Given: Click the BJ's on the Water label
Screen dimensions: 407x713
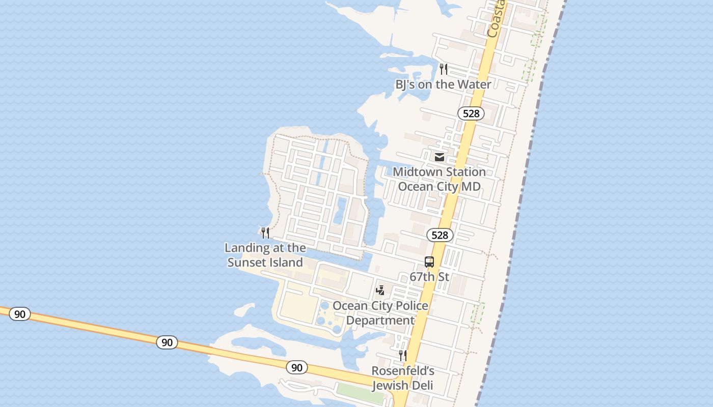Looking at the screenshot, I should (443, 84).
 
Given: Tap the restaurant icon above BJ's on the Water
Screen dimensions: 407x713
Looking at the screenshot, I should (444, 69).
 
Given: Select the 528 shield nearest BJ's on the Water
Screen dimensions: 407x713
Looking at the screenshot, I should (471, 113).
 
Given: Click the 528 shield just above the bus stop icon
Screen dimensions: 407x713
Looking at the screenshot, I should (440, 235).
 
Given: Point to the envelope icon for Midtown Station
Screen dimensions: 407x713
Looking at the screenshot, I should (440, 157).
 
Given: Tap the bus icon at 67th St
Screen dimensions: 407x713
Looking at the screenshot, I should (429, 262).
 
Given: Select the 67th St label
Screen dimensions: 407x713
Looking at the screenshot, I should (429, 277).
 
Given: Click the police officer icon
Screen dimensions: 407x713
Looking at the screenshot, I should (380, 290).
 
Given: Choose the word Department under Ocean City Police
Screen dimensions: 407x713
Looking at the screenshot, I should (380, 321).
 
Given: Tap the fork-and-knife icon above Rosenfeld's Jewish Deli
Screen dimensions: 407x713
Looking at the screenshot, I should (402, 355).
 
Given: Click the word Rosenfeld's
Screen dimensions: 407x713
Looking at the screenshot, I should (402, 371).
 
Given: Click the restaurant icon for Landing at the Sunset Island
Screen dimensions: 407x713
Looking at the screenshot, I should (265, 233).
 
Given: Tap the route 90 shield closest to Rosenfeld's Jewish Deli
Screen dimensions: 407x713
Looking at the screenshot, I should (296, 367).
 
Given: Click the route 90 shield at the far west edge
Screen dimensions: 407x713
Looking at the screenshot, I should (19, 314).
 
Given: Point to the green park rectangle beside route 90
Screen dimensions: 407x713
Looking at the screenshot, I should (360, 392).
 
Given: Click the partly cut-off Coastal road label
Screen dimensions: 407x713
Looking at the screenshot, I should (496, 20).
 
